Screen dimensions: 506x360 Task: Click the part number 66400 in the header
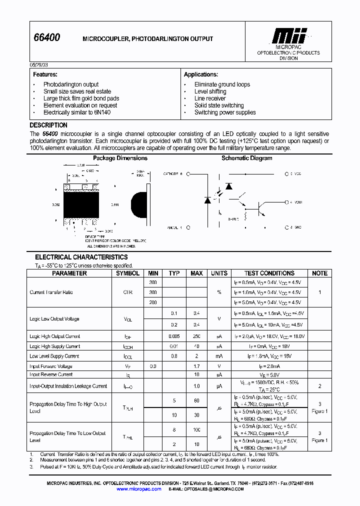click(46, 38)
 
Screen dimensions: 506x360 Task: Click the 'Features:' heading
click(45, 74)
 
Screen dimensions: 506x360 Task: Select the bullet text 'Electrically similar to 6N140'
click(77, 112)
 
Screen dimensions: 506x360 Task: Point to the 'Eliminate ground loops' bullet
click(222, 84)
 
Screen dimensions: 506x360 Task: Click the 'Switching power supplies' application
click(225, 112)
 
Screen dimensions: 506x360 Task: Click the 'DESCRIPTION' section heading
click(48, 125)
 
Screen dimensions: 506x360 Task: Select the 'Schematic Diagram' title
click(247, 158)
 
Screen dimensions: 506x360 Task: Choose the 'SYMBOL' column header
click(128, 273)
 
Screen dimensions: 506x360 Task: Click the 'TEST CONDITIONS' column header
click(269, 273)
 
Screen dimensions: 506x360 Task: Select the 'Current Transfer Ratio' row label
click(51, 292)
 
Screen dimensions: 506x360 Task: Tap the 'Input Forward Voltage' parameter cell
click(51, 366)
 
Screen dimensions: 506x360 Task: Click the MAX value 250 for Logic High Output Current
click(196, 336)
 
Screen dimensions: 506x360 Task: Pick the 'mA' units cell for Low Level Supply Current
click(219, 356)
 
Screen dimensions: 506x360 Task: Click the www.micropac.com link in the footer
click(139, 489)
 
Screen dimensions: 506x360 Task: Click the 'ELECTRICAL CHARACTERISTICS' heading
click(81, 257)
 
